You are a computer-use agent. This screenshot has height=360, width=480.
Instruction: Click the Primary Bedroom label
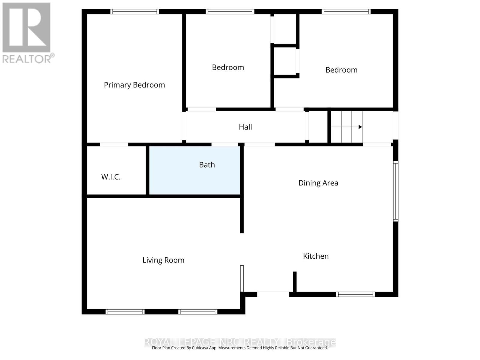tap(134, 85)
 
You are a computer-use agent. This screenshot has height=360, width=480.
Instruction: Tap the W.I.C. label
tap(111, 177)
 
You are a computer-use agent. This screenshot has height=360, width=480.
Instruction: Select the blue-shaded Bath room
tap(195, 180)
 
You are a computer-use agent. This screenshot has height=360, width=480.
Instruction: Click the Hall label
tap(245, 127)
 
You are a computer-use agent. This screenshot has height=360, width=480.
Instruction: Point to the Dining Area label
tap(318, 183)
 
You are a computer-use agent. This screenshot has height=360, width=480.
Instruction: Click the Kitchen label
tap(316, 256)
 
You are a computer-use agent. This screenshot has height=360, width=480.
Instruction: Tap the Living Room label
tap(163, 260)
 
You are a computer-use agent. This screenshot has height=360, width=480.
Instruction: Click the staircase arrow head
tap(361, 127)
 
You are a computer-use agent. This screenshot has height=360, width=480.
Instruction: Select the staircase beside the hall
tap(346, 127)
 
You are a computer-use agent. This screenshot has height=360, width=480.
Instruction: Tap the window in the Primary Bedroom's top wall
tap(134, 12)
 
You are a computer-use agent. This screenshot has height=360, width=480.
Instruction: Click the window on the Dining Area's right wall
tap(396, 191)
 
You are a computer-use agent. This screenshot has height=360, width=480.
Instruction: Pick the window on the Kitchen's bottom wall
tap(355, 294)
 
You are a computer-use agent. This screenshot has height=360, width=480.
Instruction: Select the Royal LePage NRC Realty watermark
tap(240, 342)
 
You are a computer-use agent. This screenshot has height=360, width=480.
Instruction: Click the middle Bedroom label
tap(228, 67)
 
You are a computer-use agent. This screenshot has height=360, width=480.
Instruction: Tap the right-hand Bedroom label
tap(341, 70)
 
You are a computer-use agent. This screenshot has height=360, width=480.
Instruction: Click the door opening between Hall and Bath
tap(225, 144)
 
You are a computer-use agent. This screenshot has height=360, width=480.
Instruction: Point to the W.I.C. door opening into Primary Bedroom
tap(114, 144)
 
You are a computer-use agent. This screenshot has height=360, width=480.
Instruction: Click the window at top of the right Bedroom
tap(346, 12)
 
